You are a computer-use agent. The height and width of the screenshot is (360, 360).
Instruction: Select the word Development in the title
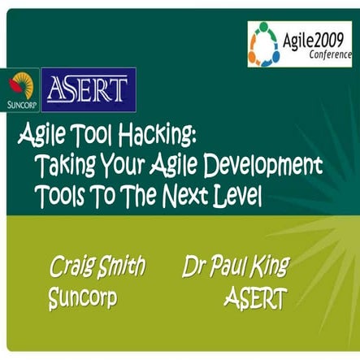pos(263,166)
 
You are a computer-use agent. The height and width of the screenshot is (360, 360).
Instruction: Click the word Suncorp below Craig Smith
pos(83,298)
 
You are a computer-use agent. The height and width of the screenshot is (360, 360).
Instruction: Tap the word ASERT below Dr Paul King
pos(254,299)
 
